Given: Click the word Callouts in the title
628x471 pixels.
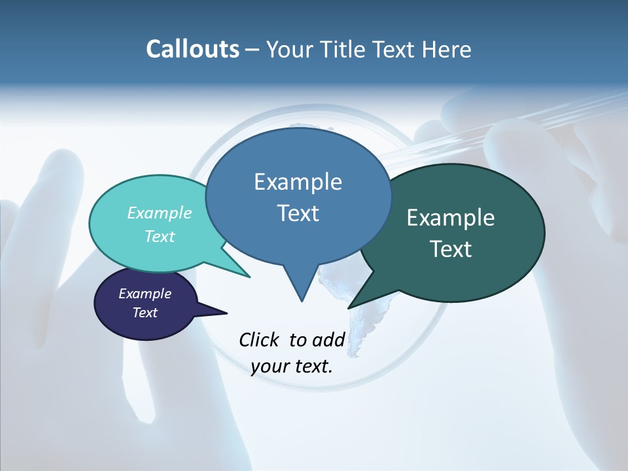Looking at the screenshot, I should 192,49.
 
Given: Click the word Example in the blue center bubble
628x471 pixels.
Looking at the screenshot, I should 298,182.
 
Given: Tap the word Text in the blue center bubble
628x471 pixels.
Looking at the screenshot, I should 298,213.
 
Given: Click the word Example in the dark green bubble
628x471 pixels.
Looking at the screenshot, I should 451,218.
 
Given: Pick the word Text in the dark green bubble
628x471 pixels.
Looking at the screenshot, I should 451,249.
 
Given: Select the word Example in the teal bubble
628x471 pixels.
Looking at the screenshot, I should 159,213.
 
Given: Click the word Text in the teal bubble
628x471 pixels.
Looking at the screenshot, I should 159,237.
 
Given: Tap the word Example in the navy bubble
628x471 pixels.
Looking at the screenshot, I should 145,294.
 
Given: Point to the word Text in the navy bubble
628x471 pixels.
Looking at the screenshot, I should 145,313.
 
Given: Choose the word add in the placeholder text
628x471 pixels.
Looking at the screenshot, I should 328,340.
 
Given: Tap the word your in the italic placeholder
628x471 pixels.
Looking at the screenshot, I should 270,366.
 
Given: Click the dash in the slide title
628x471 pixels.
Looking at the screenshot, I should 253,50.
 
